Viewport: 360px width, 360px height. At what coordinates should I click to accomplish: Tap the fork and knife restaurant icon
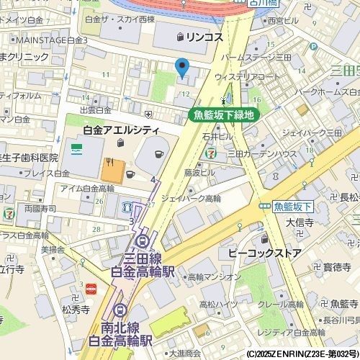(109, 162)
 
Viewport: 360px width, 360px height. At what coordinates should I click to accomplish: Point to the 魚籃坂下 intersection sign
(292, 207)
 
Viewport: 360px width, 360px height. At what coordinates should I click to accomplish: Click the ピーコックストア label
(264, 253)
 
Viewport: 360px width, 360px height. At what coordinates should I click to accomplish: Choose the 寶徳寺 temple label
(336, 267)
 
